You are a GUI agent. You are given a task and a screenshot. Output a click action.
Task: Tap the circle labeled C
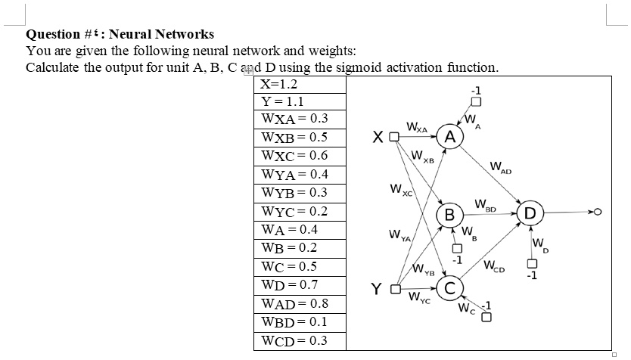449,288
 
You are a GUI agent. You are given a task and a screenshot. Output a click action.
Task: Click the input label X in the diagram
377,138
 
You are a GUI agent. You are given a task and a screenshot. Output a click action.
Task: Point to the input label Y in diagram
376,288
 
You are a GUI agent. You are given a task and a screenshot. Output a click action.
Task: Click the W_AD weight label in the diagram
499,167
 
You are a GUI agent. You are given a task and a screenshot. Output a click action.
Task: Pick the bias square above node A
476,101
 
